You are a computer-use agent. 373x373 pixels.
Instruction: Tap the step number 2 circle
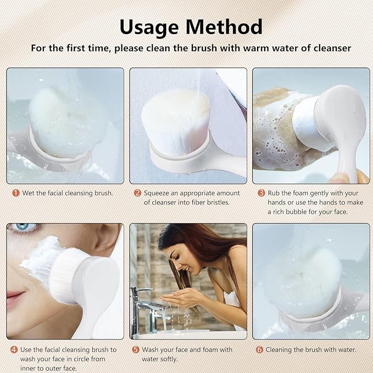pyautogui.click(x=137, y=193)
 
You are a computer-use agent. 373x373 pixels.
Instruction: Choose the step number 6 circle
pyautogui.click(x=259, y=349)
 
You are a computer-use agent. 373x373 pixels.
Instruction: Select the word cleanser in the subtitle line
pyautogui.click(x=327, y=48)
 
